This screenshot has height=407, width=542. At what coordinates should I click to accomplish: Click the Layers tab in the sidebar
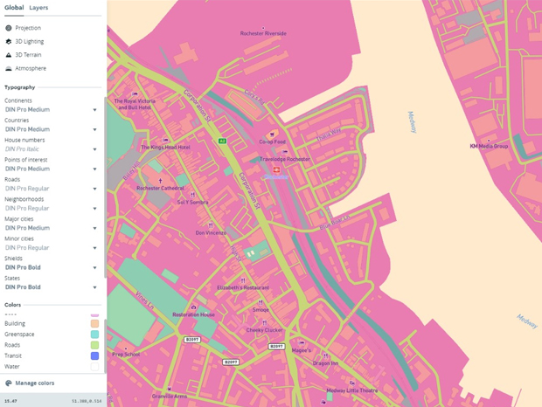(x=38, y=7)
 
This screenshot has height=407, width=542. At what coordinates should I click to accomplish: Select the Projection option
(x=27, y=28)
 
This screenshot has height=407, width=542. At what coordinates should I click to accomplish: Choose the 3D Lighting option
(x=29, y=41)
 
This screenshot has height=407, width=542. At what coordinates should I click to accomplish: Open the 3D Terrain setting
(x=28, y=55)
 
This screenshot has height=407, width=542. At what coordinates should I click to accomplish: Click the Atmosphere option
(x=30, y=68)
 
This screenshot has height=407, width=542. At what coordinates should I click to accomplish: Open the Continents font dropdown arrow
(x=95, y=110)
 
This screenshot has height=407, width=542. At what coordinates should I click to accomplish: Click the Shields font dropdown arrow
(x=95, y=268)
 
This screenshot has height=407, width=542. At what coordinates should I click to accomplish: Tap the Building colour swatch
(x=95, y=323)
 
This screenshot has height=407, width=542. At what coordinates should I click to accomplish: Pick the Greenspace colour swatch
(x=95, y=335)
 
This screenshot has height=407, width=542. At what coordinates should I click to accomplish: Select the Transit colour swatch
(x=95, y=356)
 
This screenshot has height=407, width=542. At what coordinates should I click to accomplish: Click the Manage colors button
(x=34, y=383)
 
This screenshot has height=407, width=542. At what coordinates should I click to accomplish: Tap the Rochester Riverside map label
(x=263, y=33)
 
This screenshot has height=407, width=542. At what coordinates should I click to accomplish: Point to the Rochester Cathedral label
(x=160, y=188)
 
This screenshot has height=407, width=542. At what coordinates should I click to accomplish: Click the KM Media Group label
(x=489, y=146)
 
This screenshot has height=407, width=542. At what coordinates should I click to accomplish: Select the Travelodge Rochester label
(x=285, y=159)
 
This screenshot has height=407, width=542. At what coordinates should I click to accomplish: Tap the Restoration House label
(x=193, y=314)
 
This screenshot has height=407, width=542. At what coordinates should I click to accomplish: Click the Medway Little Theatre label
(x=352, y=390)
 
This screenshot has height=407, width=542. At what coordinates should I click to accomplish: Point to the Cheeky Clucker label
(x=264, y=330)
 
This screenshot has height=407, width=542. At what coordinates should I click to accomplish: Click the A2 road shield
(x=222, y=141)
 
